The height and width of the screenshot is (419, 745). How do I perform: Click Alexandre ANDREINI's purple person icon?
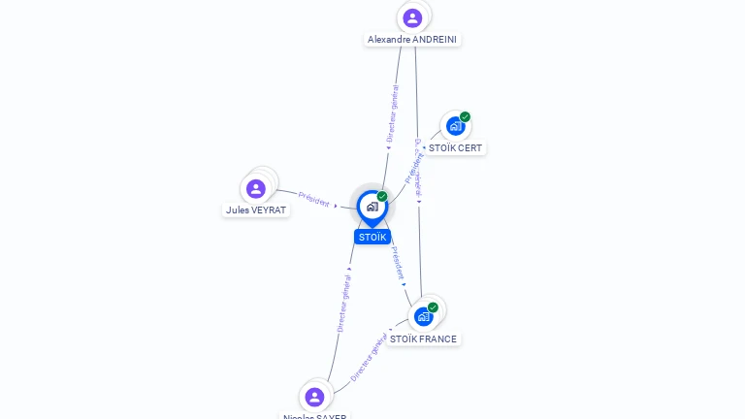click(x=412, y=17)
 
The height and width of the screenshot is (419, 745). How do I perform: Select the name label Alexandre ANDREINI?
click(x=412, y=40)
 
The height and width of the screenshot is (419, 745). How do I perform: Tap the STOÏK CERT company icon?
click(x=454, y=126)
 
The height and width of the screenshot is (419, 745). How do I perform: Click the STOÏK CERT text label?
click(x=455, y=148)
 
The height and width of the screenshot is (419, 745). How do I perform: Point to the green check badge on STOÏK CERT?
click(x=466, y=117)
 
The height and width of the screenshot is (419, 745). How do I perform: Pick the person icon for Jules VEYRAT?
click(x=256, y=188)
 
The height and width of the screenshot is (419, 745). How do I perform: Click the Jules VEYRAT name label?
click(x=257, y=209)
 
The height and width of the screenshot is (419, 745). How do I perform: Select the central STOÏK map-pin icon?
click(x=372, y=207)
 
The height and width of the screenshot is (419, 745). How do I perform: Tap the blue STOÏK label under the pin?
click(x=372, y=237)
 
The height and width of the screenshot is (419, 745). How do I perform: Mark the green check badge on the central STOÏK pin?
click(x=382, y=197)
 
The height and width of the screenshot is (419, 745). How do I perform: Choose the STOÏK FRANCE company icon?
click(x=423, y=316)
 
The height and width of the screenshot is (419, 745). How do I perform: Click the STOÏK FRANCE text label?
click(x=423, y=338)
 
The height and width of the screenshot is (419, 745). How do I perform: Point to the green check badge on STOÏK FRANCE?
click(x=433, y=307)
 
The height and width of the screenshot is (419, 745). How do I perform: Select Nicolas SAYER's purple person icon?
click(x=314, y=396)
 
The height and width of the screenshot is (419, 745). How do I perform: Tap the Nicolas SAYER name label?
click(x=314, y=416)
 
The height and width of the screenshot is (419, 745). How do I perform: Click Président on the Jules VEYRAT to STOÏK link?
click(x=314, y=198)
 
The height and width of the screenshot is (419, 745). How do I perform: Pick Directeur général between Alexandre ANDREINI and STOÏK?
click(x=393, y=113)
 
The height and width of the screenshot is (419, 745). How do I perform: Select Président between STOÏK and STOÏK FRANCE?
click(x=398, y=262)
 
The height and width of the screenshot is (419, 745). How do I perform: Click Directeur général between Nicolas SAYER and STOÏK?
click(x=342, y=304)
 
